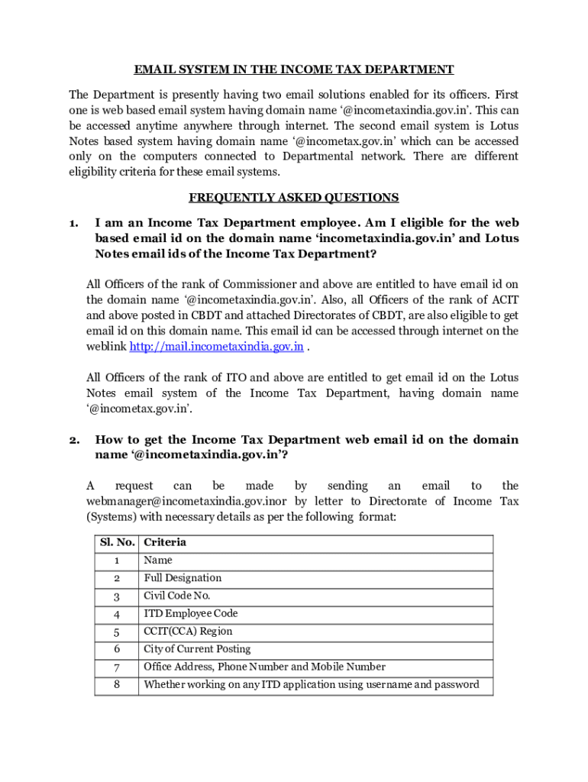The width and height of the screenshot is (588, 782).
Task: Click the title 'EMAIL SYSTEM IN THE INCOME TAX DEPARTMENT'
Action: (x=294, y=69)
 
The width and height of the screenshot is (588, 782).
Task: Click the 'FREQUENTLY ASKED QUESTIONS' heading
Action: (x=294, y=198)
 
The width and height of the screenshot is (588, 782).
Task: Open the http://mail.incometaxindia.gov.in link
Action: (x=217, y=347)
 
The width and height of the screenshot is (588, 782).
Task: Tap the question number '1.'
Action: (x=74, y=223)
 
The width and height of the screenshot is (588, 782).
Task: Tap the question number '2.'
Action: (x=74, y=440)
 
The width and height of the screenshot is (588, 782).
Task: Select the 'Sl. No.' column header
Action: (x=117, y=543)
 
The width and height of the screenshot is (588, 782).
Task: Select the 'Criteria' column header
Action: (x=165, y=543)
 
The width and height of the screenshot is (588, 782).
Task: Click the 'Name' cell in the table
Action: (x=158, y=561)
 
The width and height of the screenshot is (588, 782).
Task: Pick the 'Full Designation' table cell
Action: (x=183, y=578)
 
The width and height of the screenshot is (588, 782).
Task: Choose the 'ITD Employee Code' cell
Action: (x=190, y=613)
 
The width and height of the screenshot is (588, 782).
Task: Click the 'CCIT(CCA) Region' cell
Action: (x=188, y=632)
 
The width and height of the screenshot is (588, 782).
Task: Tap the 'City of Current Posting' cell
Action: (x=197, y=649)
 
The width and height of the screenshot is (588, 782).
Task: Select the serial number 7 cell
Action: (x=117, y=667)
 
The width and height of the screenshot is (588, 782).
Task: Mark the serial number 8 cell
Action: (x=117, y=684)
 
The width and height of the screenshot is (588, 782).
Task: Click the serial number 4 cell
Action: (x=117, y=614)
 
